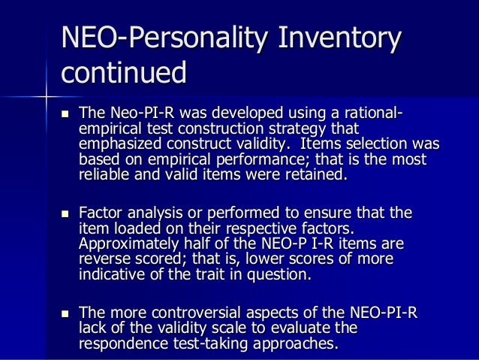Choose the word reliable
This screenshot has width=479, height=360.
102,176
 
